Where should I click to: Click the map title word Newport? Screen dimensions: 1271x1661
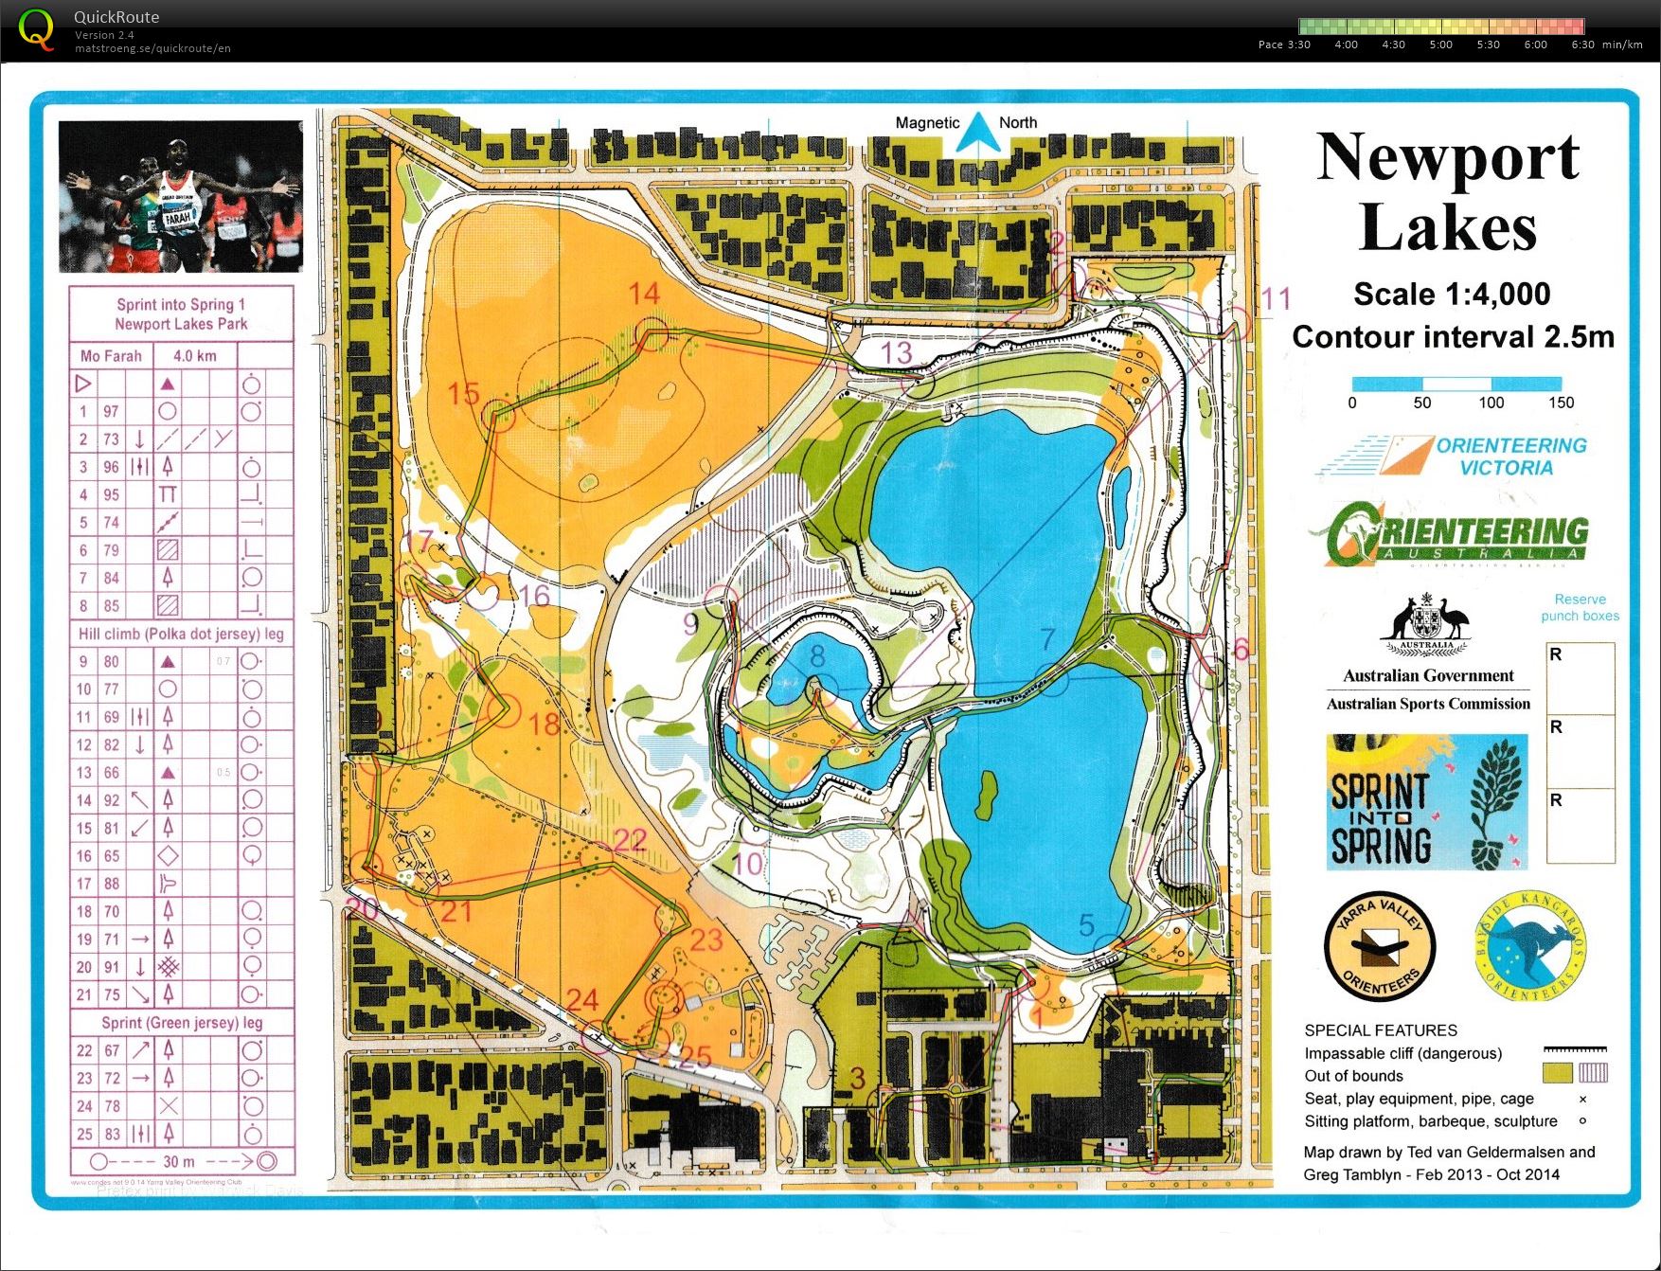tap(1447, 157)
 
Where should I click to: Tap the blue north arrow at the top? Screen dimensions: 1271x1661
tap(972, 134)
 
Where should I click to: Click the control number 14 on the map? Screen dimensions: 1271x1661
tap(644, 295)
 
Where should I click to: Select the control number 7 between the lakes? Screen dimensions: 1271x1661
tap(1047, 640)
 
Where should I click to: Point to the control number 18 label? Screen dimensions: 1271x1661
tap(545, 725)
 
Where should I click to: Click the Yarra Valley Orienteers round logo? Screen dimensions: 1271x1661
tap(1379, 948)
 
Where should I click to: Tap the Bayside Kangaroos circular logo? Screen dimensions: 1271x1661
tap(1530, 947)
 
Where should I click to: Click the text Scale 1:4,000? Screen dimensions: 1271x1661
tap(1451, 295)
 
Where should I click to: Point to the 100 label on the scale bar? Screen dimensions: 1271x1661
tap(1491, 403)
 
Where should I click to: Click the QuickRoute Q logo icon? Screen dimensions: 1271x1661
tap(36, 28)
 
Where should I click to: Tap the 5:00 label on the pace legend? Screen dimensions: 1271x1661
tap(1440, 45)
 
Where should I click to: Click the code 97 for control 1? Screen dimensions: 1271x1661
tap(112, 411)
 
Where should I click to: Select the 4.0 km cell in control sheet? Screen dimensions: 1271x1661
tap(194, 356)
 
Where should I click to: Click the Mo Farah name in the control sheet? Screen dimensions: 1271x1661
tap(111, 356)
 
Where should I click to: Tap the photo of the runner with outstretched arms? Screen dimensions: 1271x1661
tap(180, 195)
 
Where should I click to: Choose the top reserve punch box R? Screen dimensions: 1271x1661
tap(1580, 677)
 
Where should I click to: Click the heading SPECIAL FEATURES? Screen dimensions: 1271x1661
tap(1380, 1030)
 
